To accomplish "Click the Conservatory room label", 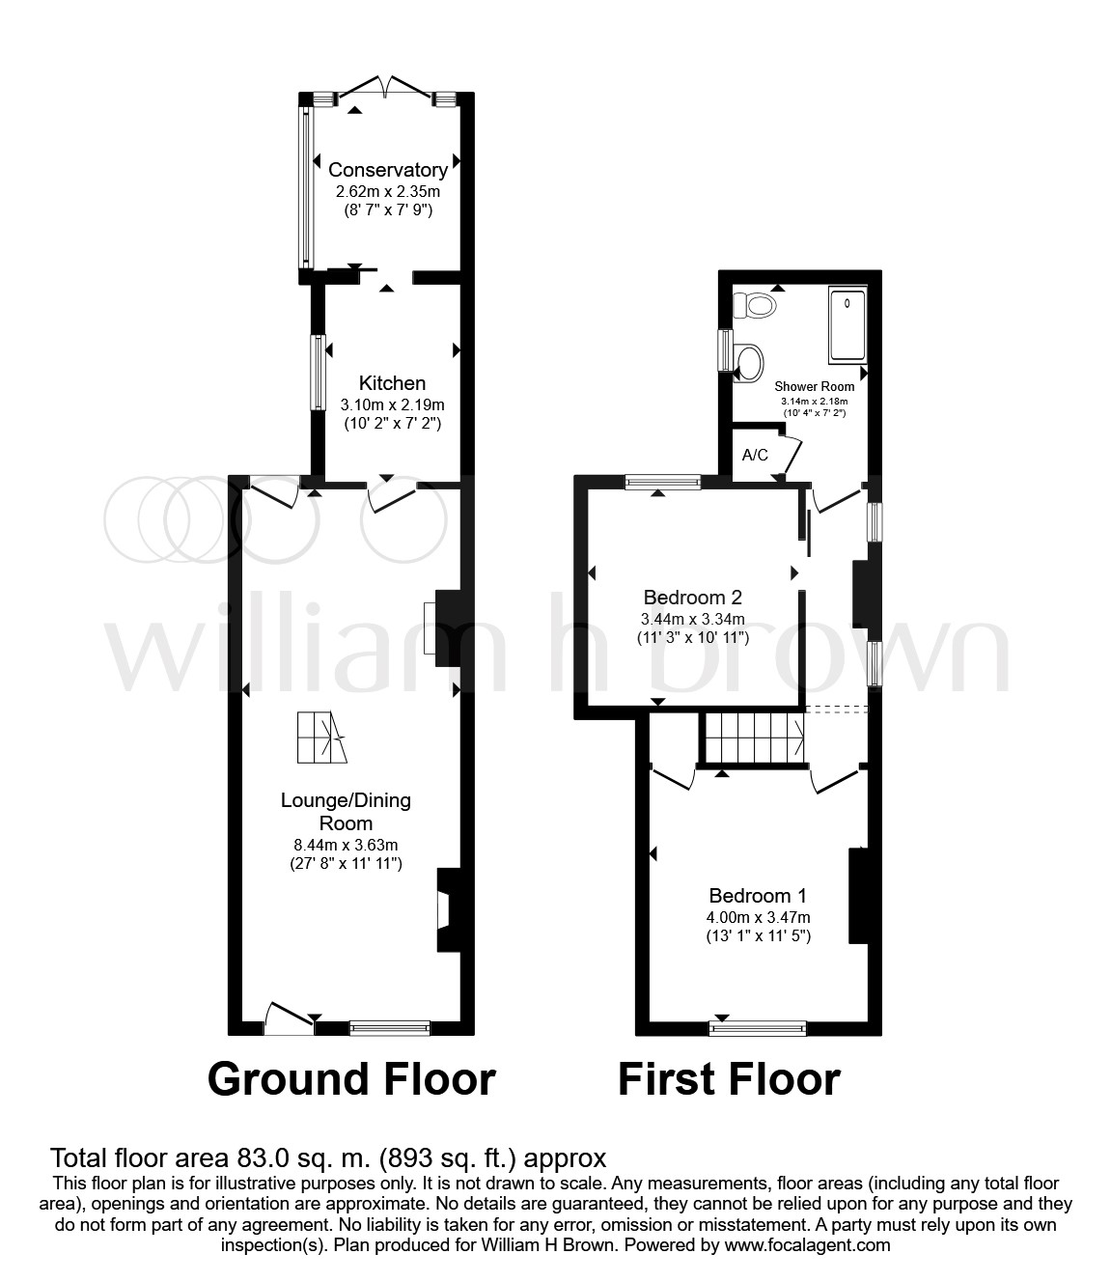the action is tap(388, 169).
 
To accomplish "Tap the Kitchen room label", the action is tap(392, 382).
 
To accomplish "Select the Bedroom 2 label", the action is tap(692, 598).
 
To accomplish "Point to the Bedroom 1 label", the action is tap(758, 896).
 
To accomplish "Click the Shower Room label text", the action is tap(814, 386).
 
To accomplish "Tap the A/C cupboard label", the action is tap(755, 456).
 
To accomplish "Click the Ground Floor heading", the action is tap(351, 1080).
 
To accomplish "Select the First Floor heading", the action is tap(729, 1080).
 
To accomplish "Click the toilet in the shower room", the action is tap(755, 304).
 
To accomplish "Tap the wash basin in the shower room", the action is tap(750, 363).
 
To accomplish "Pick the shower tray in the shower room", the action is tap(847, 324).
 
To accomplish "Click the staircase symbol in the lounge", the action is tap(322, 738).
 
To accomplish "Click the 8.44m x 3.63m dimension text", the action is tap(346, 845).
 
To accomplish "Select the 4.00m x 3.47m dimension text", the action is tap(758, 917).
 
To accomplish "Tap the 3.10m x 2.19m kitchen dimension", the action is tap(392, 405).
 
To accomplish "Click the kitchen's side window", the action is tap(318, 372).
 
